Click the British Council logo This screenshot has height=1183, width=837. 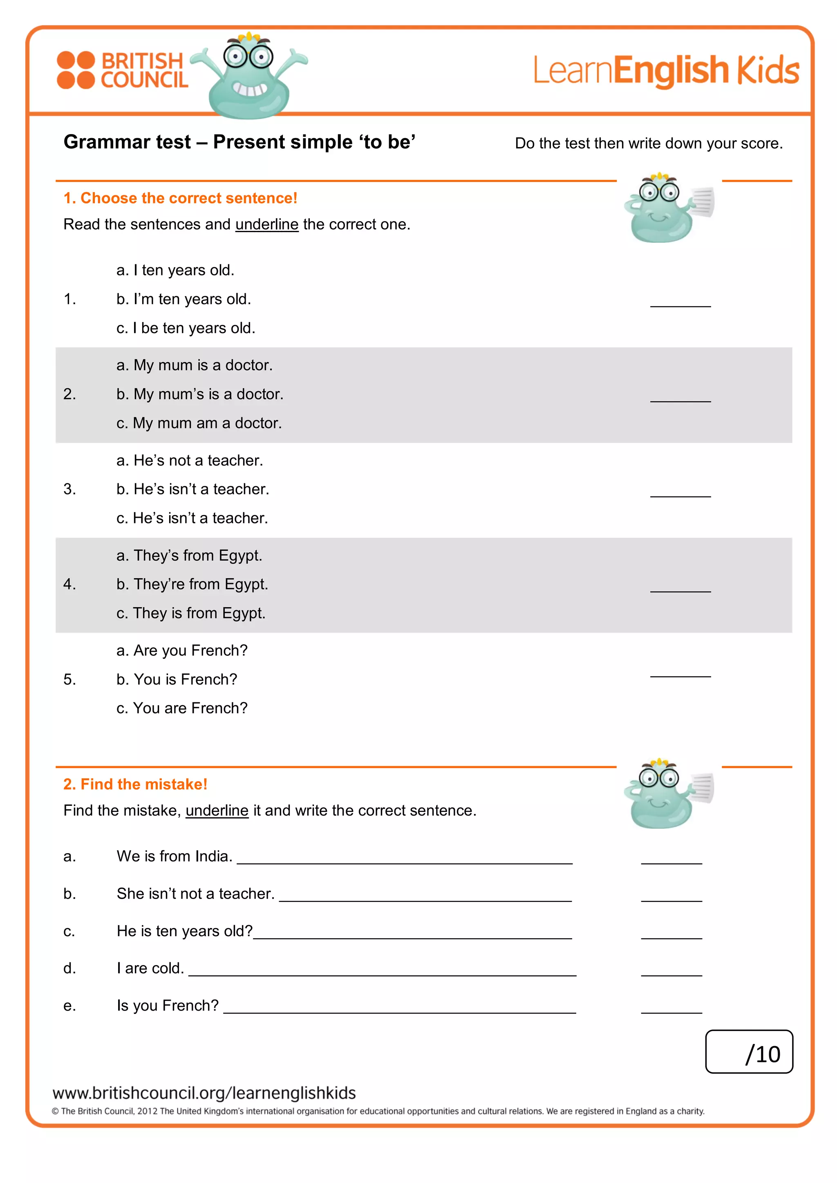(122, 71)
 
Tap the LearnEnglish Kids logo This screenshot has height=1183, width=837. (665, 71)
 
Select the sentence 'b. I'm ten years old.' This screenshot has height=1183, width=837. (184, 300)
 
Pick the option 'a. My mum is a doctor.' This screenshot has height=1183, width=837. (194, 365)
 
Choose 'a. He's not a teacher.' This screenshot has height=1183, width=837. (190, 460)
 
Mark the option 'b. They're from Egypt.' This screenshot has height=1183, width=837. (192, 584)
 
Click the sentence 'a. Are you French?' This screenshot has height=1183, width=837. (182, 651)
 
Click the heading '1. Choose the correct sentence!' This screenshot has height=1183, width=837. (180, 198)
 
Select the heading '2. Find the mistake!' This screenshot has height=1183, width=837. (135, 784)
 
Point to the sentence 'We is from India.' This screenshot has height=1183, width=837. (174, 857)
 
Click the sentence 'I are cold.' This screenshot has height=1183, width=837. (150, 968)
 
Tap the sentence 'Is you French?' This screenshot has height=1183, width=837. (168, 1006)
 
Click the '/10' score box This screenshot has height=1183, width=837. (748, 1051)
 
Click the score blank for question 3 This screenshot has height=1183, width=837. (680, 492)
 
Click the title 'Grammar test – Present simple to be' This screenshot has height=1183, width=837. (239, 142)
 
